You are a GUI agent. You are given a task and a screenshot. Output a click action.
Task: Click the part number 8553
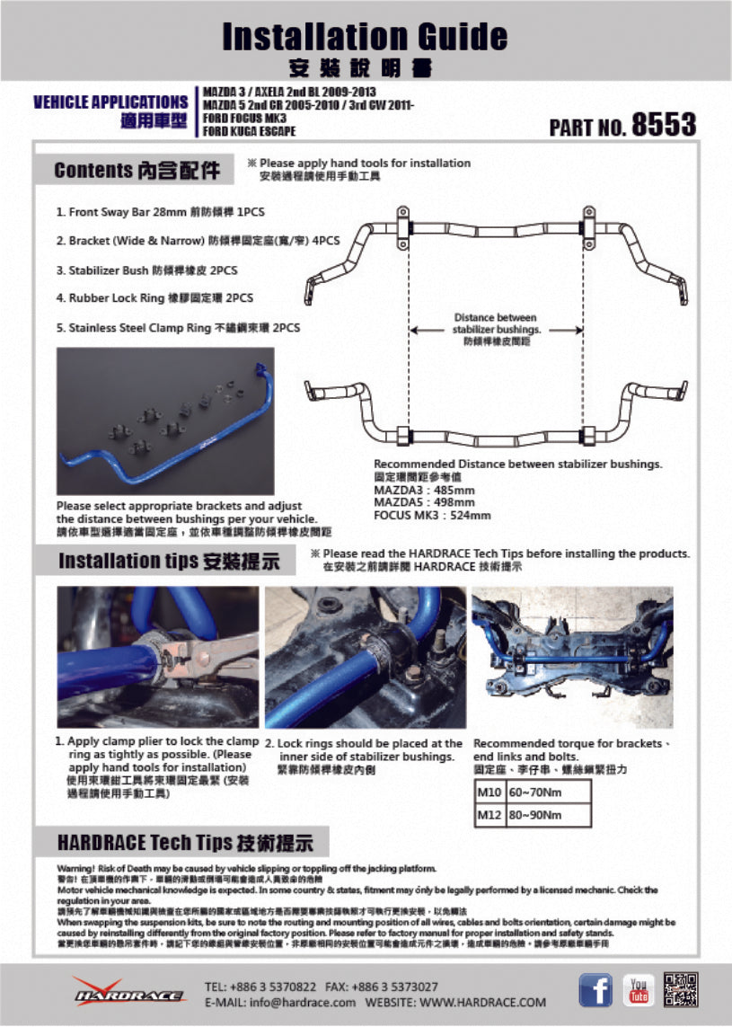[664, 125]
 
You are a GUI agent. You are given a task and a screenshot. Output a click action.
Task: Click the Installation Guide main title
[365, 36]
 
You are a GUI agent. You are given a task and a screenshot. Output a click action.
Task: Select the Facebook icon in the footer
[595, 989]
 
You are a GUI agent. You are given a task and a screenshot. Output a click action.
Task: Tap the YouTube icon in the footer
[639, 989]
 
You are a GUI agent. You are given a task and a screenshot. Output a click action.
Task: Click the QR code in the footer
[680, 989]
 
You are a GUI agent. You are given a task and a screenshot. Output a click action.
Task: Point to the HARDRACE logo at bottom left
[129, 993]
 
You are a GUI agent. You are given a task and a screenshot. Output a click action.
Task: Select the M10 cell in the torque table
[489, 792]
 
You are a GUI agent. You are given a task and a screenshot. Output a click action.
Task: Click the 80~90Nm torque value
[534, 815]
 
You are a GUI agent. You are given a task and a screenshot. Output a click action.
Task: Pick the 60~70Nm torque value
[534, 792]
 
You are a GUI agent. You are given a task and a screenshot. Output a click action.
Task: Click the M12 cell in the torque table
[489, 815]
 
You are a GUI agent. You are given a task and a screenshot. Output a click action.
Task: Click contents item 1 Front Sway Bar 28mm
[161, 212]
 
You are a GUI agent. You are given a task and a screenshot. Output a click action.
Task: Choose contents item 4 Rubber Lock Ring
[154, 298]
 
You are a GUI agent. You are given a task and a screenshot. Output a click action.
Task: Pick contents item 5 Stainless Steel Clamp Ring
[178, 328]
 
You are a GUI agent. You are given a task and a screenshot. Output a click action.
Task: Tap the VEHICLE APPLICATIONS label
[110, 102]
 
